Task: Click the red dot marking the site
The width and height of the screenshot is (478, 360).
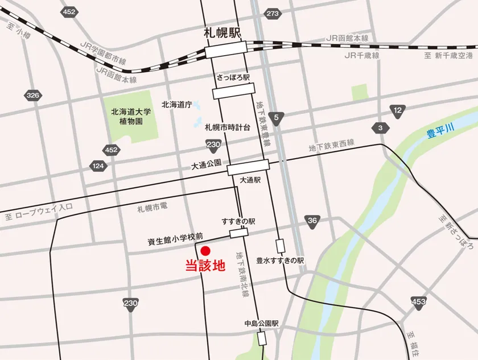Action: (x=205, y=250)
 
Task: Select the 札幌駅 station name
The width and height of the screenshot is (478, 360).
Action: (x=222, y=34)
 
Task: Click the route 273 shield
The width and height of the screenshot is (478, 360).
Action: (x=273, y=13)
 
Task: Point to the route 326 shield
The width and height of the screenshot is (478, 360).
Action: (x=33, y=95)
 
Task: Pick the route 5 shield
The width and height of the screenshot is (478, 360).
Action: (x=277, y=118)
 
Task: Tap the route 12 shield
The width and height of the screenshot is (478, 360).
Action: (x=398, y=110)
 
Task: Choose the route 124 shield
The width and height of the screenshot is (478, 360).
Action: (x=98, y=166)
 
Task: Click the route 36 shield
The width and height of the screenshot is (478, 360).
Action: (x=311, y=221)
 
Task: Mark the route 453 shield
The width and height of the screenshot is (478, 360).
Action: (x=418, y=302)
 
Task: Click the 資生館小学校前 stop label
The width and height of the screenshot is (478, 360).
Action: (x=175, y=241)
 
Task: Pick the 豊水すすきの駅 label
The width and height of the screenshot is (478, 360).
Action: (x=280, y=260)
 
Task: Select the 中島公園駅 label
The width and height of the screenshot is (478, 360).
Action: (x=261, y=323)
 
